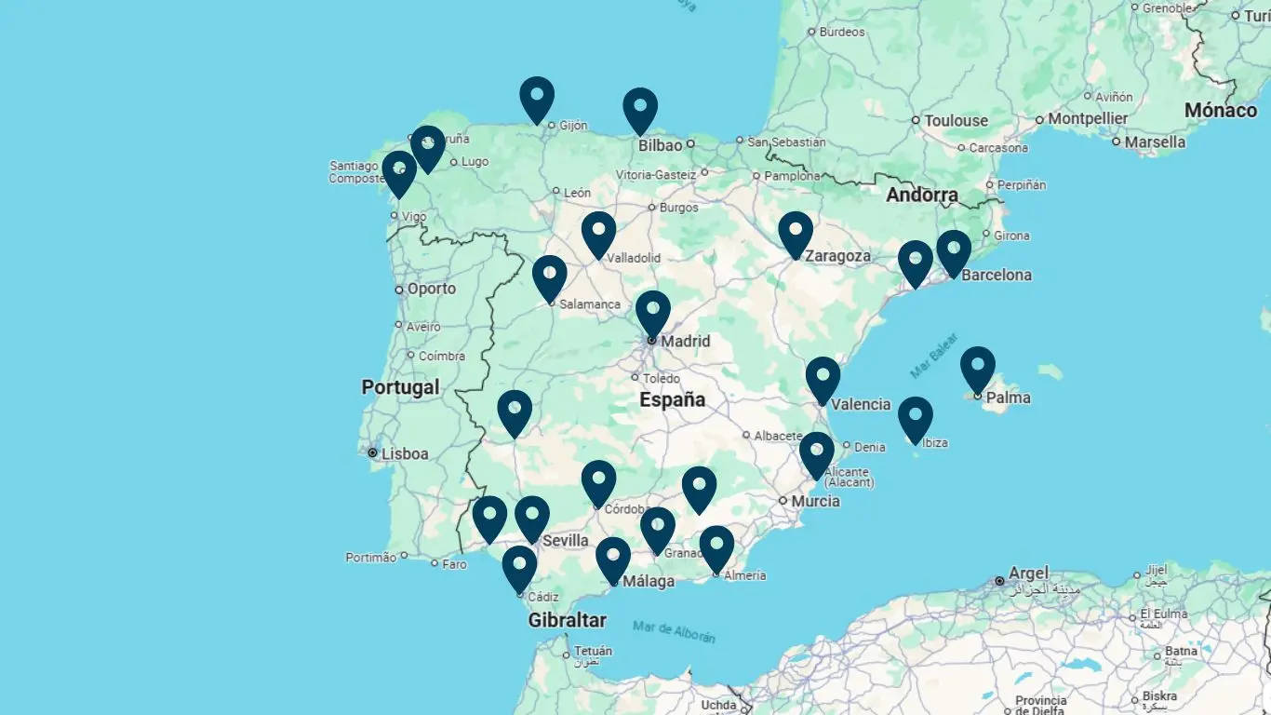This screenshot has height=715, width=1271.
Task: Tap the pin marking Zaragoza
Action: coord(796,233)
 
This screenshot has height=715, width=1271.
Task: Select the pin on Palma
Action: coord(978,368)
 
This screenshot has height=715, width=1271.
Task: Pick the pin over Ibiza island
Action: coord(916,418)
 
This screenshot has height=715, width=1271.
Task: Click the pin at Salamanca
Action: coord(550,277)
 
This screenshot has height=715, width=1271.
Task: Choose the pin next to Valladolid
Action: coord(599,233)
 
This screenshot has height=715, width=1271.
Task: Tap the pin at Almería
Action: coord(716,546)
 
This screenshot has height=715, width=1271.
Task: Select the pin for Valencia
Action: coord(823,378)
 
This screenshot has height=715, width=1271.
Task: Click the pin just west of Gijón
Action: coord(537,98)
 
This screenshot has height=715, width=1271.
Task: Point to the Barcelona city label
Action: coord(997,276)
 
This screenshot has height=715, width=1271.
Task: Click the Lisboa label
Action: coord(404,454)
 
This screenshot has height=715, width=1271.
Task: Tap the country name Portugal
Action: coord(400,387)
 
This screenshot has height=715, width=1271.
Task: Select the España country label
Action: coord(672,400)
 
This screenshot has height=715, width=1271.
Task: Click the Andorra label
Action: coord(921,196)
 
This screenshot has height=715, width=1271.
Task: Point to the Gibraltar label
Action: coord(567,620)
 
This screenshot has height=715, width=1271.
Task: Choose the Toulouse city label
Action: coord(956,121)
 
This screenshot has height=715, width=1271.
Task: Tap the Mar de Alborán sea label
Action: coord(674,631)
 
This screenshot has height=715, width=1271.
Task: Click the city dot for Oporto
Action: coord(399,290)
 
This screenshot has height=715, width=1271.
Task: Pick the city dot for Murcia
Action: coord(783,501)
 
